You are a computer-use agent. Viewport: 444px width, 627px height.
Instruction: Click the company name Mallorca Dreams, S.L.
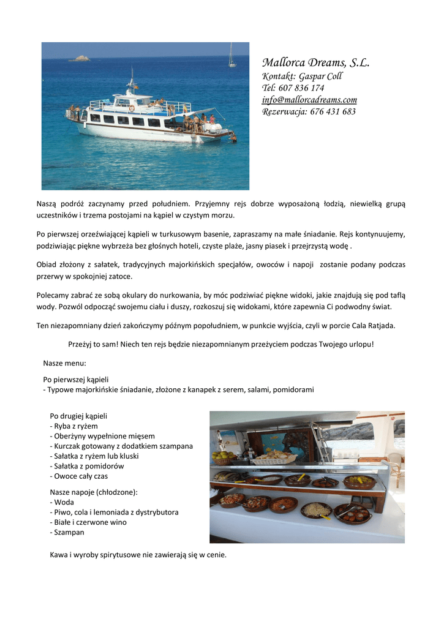point(315,63)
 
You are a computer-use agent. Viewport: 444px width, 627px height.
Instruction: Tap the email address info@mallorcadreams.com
point(309,100)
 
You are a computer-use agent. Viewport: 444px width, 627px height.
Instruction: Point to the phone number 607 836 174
point(301,88)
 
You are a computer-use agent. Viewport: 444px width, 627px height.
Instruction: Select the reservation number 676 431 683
point(333,111)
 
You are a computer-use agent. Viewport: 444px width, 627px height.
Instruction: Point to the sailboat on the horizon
point(232,56)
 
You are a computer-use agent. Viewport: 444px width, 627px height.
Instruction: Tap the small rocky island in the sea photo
point(80,58)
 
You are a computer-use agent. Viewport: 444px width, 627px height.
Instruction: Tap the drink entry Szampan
point(69,533)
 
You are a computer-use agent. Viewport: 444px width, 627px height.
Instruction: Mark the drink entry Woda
point(64,502)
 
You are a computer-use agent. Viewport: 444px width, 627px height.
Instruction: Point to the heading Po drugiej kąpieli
point(78,416)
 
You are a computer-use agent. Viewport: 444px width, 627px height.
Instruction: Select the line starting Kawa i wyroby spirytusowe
point(138,555)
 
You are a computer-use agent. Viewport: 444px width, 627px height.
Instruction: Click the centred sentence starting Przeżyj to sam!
point(220,344)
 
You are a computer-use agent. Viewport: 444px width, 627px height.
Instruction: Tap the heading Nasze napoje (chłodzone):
point(93,492)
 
